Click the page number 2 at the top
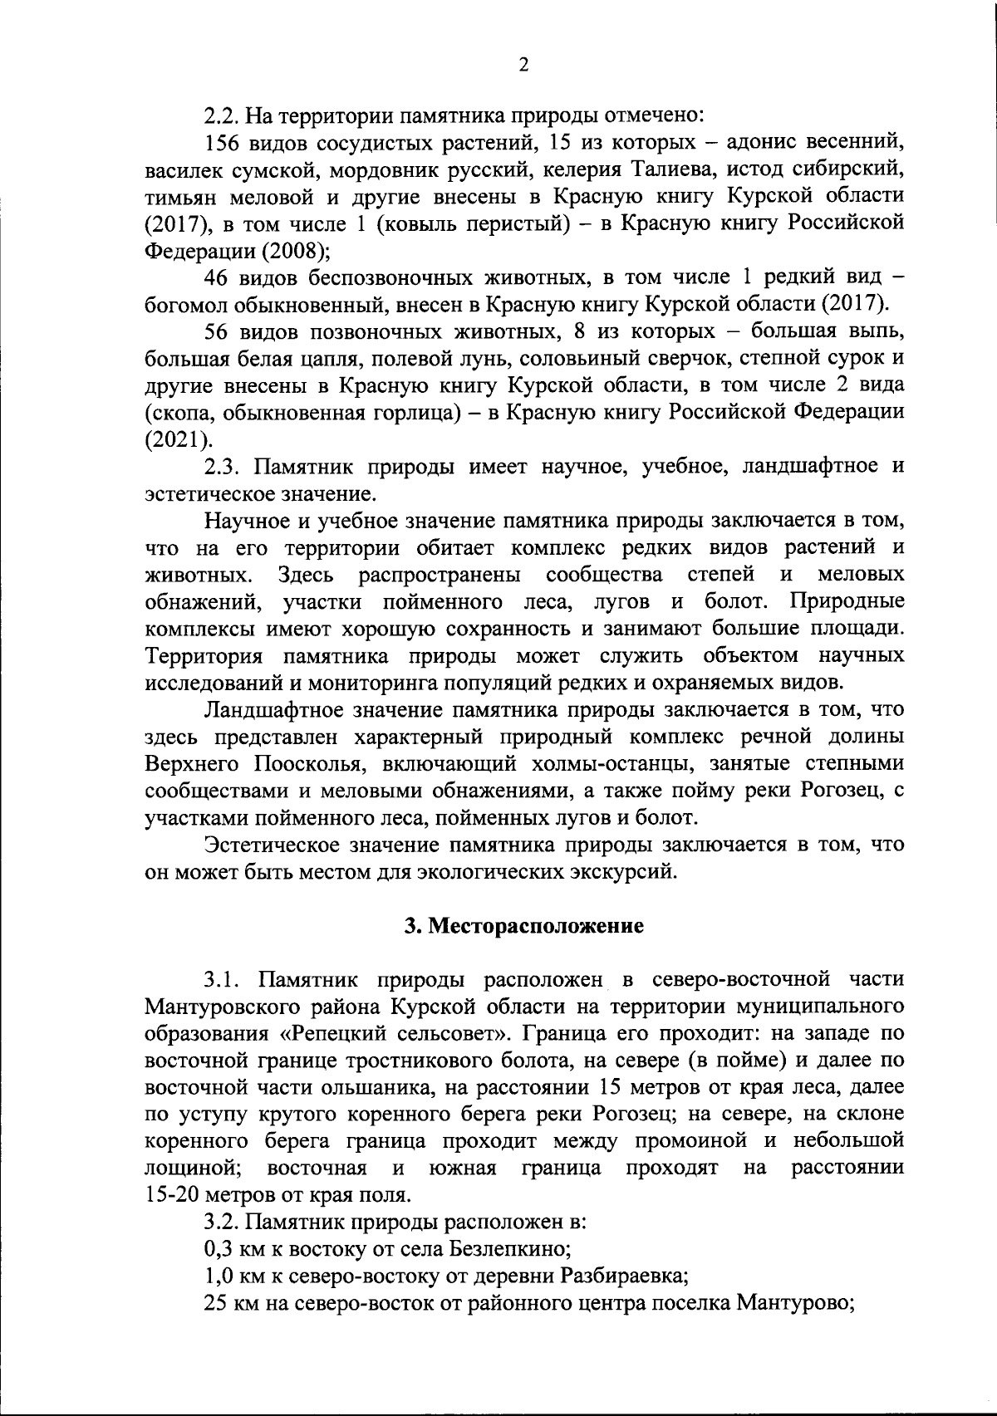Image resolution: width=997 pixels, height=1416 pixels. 523,66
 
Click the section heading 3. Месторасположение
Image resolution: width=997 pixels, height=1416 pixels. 523,927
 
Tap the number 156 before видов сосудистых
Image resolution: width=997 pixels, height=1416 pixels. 221,143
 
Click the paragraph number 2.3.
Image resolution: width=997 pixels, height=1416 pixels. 222,466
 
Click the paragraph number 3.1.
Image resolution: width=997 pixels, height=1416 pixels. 222,981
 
